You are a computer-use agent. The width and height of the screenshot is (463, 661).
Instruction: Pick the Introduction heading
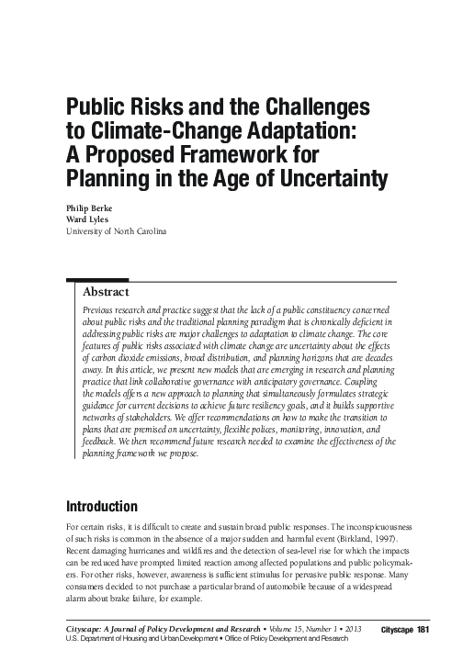[101, 507]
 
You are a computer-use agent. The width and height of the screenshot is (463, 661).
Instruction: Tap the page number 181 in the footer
[423, 629]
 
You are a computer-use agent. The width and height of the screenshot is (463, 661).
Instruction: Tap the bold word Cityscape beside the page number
[396, 629]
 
